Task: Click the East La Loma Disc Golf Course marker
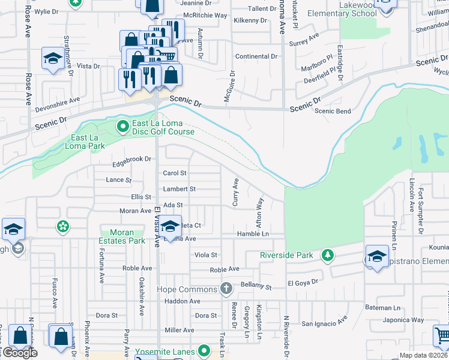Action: [x=123, y=126]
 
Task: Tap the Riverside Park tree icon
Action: [x=327, y=255]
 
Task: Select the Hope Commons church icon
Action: [x=226, y=289]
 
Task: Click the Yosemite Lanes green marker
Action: [x=204, y=351]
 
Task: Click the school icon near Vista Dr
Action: [x=53, y=59]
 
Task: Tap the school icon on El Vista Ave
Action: [x=170, y=226]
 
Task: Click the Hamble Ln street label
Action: [x=252, y=233]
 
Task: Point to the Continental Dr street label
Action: [x=256, y=56]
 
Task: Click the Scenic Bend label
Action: [x=333, y=111]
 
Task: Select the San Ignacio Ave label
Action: [x=324, y=323]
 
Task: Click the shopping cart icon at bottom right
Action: [x=441, y=334]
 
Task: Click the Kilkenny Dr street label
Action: [x=251, y=20]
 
